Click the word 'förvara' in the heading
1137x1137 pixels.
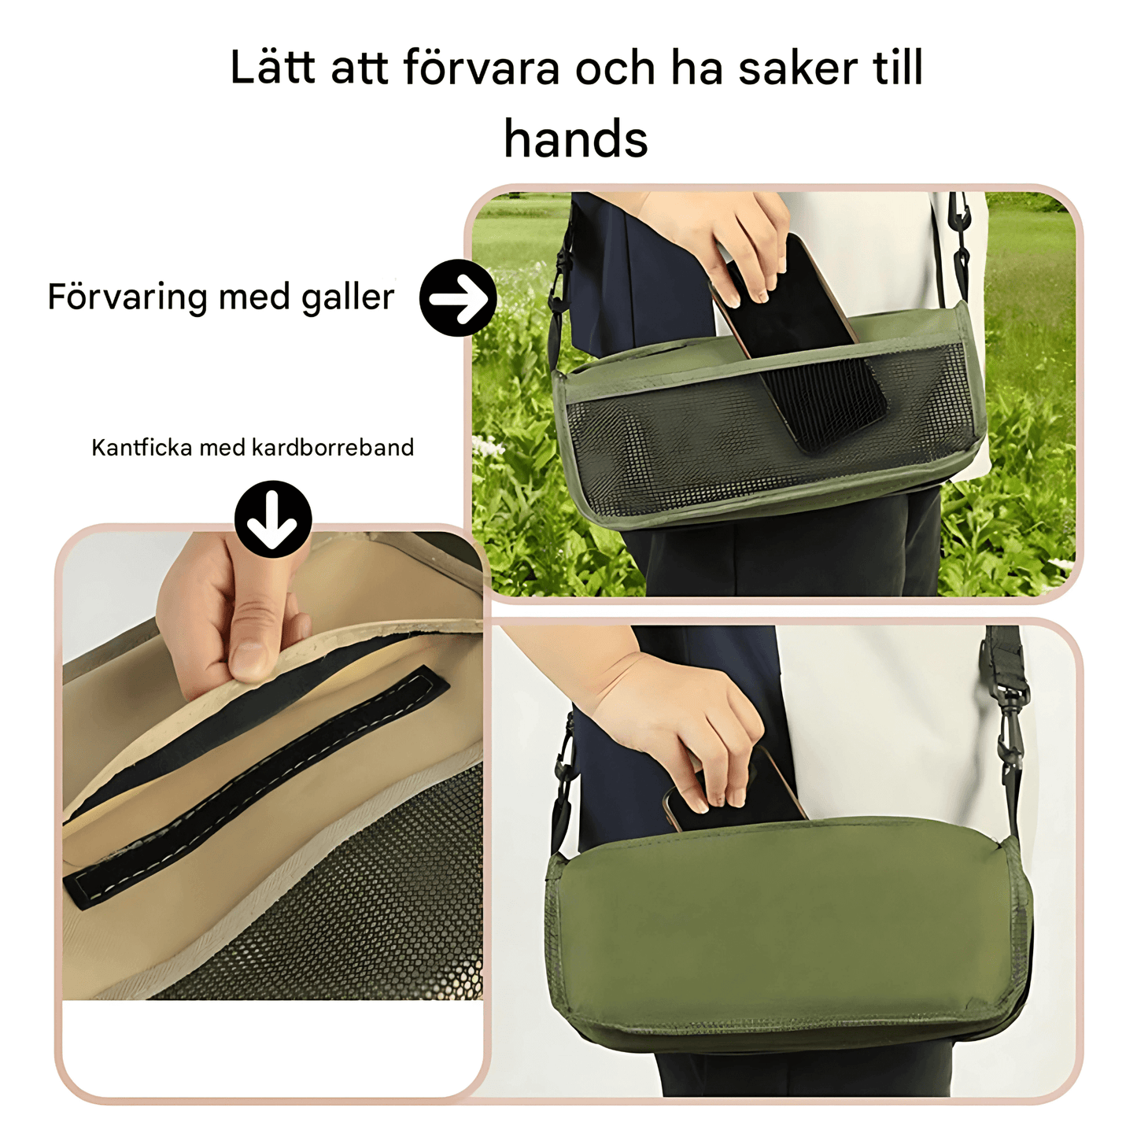(x=482, y=68)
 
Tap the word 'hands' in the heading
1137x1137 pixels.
(x=575, y=139)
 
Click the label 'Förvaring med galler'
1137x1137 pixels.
(x=220, y=297)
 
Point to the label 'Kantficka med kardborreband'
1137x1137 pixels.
(x=253, y=448)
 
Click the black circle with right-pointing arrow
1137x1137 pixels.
(x=458, y=298)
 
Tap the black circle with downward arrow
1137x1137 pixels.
(x=273, y=519)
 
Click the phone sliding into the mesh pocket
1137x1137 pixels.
(x=803, y=346)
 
